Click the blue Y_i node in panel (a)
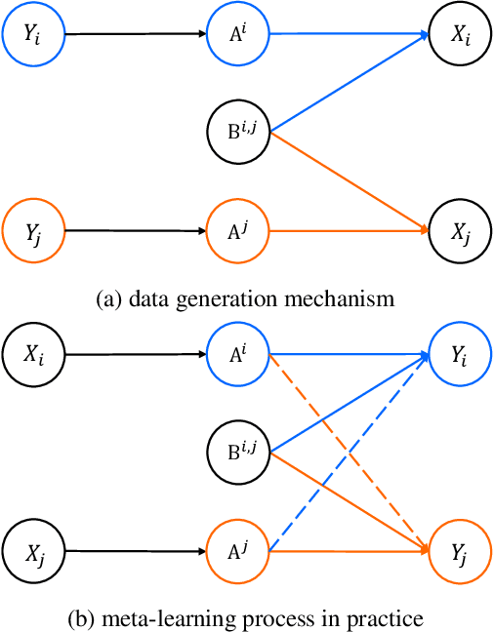pos(34,34)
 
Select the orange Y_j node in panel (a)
pos(34,232)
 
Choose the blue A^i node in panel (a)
pos(238,34)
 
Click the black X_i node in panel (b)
pos(34,355)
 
